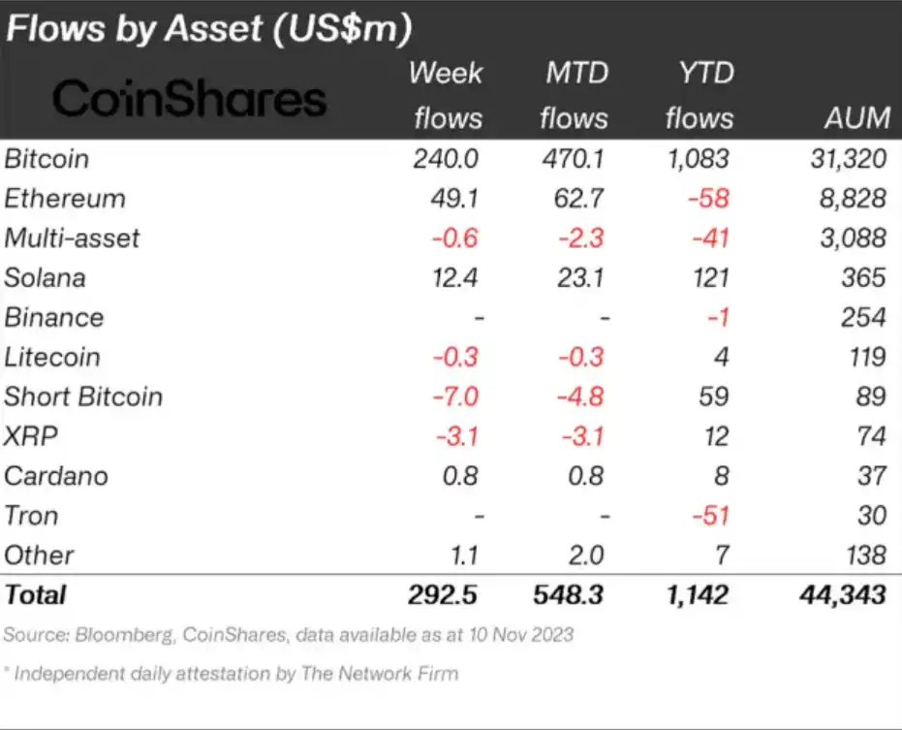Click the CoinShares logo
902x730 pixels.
(x=190, y=99)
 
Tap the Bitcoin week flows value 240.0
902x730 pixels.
(x=447, y=159)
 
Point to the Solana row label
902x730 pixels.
(x=45, y=278)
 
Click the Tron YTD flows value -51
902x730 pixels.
(x=712, y=516)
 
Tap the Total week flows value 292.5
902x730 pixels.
(x=442, y=593)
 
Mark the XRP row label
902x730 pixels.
(x=31, y=436)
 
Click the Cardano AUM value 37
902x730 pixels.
(x=871, y=476)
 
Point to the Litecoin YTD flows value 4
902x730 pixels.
(x=722, y=357)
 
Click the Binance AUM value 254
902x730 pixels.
(x=863, y=318)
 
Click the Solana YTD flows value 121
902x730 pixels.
(x=710, y=278)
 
